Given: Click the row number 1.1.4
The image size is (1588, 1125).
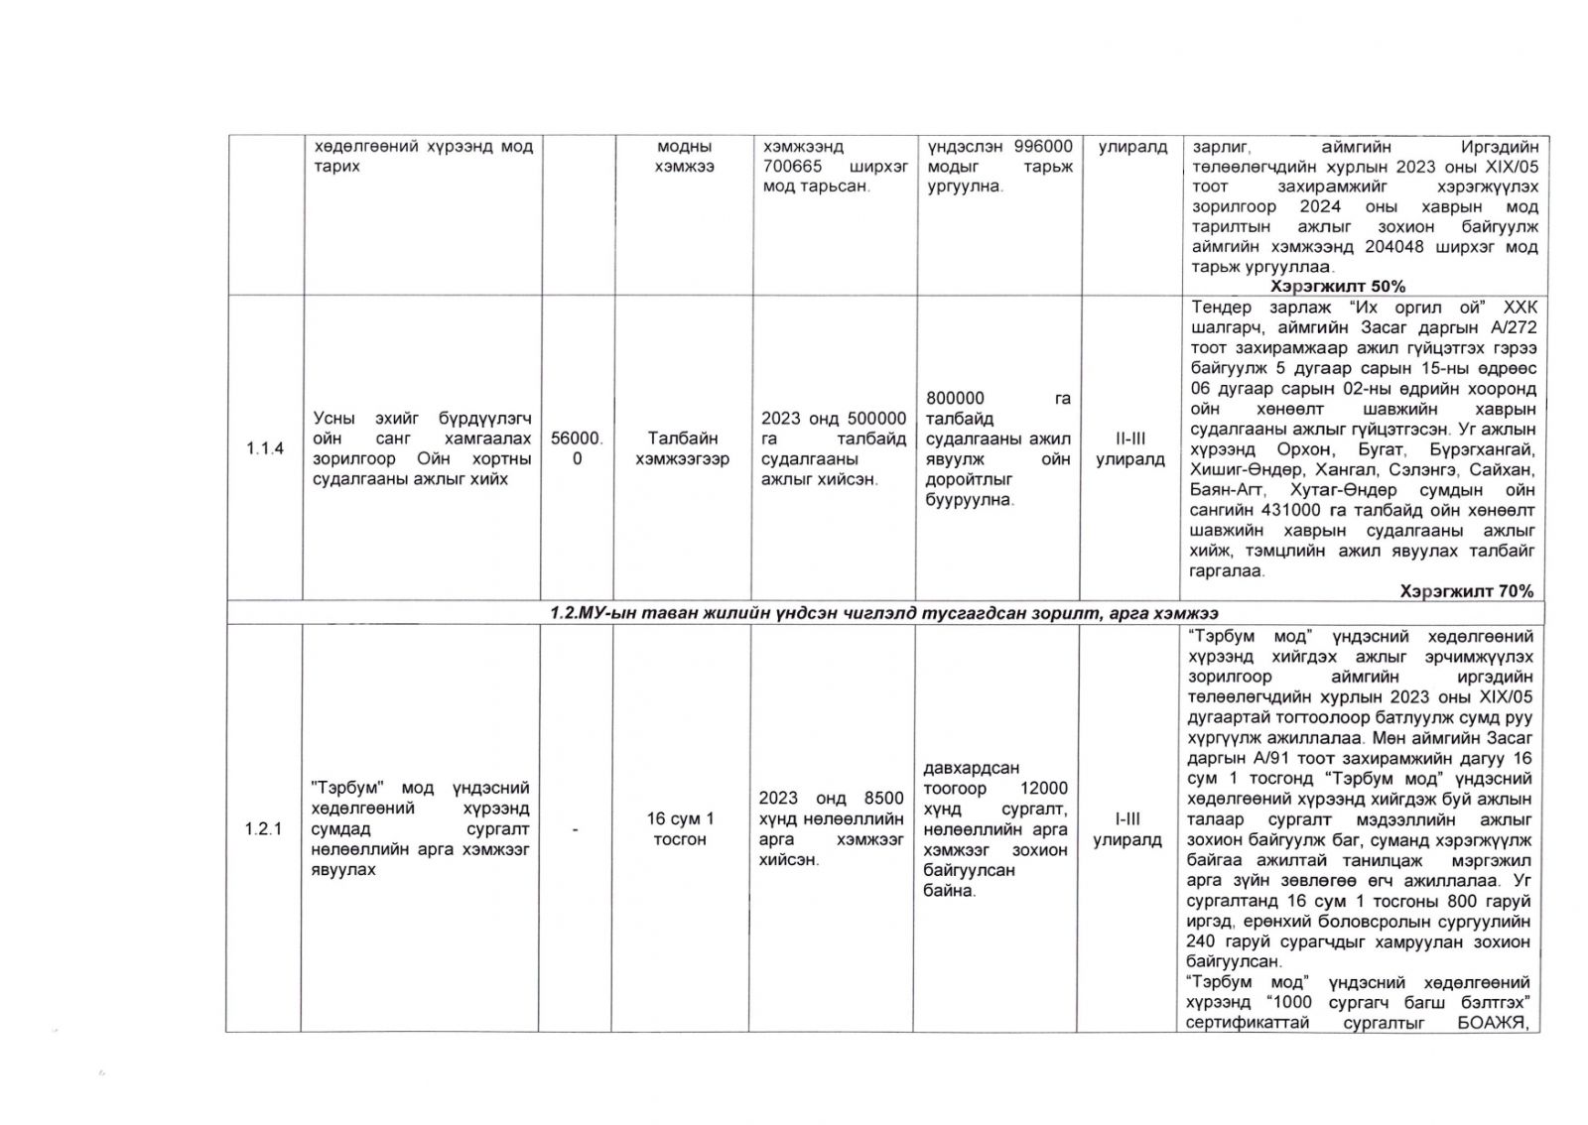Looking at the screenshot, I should pos(264,448).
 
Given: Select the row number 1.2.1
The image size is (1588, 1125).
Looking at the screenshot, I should pos(264,829).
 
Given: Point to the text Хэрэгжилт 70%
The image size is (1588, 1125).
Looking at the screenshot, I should pos(1466,591).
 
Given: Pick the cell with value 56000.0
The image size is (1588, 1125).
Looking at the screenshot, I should pos(577,448).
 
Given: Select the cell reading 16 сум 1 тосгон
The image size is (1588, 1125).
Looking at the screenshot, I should pos(680,829).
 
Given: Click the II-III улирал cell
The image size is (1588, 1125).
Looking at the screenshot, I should pos(1129,448).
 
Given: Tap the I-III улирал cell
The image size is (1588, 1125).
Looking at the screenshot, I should pos(1127,829).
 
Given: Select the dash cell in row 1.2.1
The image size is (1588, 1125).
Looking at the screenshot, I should pos(577,829).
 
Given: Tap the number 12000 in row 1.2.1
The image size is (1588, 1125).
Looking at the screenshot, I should pos(1044,789).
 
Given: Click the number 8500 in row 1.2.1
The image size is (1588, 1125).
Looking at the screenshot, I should pos(884,799).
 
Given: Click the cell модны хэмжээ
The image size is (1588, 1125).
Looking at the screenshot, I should pos(684,157).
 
